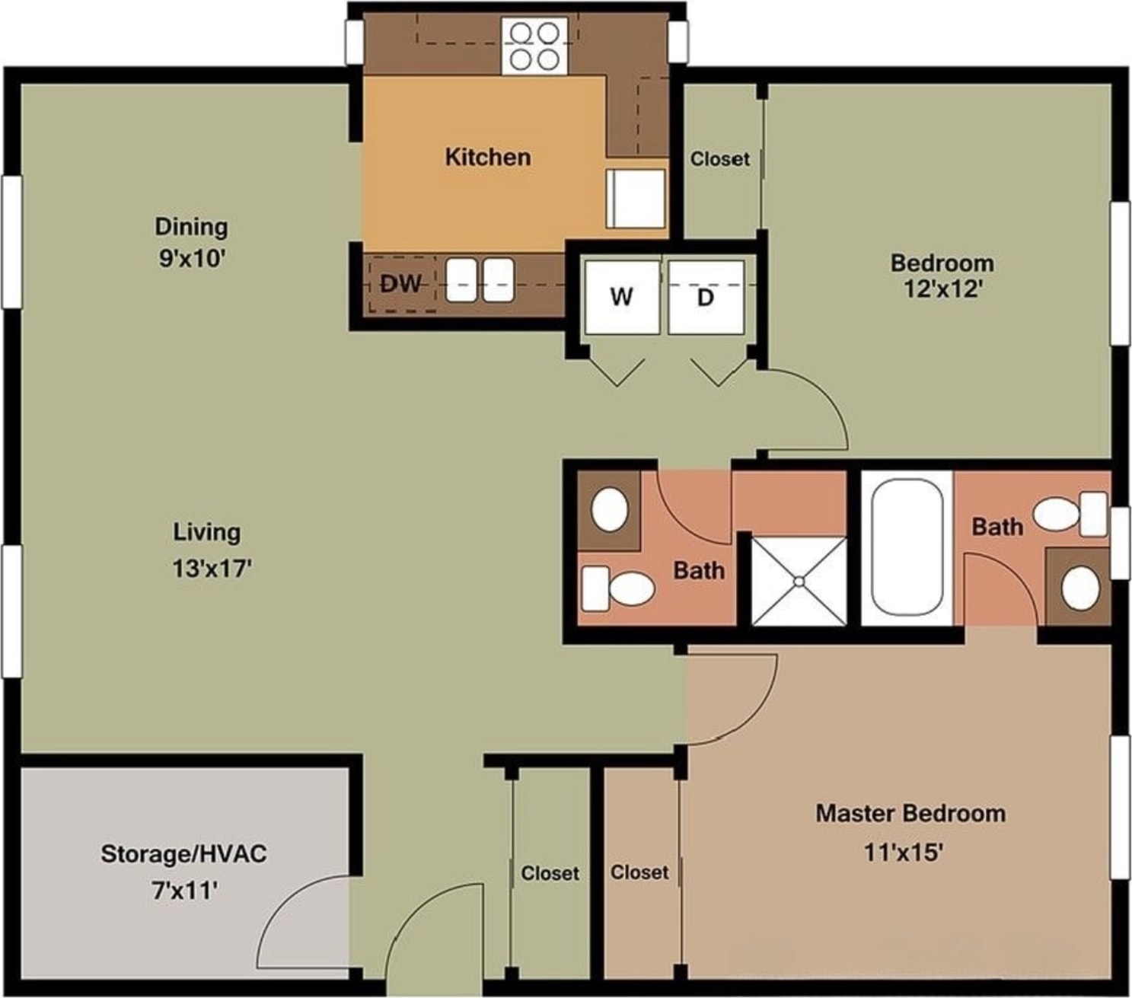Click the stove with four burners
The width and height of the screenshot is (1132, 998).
point(534,45)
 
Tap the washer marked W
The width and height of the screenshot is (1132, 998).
point(622,297)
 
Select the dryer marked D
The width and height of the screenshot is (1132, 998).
point(706,297)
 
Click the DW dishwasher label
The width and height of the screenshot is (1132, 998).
point(400,284)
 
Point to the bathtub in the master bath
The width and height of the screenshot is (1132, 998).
point(906,548)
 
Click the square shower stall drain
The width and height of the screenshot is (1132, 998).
point(799,582)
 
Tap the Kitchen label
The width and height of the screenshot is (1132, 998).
point(488,157)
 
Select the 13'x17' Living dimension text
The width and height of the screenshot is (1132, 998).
point(212,569)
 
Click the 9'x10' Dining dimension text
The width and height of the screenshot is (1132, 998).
point(192,258)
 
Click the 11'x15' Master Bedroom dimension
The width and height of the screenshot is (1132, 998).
point(904,853)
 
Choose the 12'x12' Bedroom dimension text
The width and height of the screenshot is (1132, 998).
point(942,289)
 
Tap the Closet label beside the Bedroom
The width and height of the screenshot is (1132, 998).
point(719,158)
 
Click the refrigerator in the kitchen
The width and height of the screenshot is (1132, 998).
point(636,199)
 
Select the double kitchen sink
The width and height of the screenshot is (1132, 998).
point(480,280)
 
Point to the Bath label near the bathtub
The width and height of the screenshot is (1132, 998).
point(997,526)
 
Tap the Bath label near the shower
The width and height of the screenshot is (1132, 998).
point(699,570)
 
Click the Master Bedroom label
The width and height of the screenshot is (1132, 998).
point(910,814)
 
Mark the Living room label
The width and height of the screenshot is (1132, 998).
point(207,533)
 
